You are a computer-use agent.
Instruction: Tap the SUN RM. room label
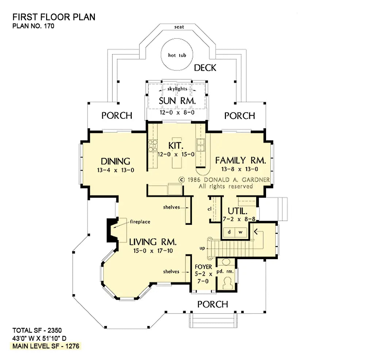(177, 101)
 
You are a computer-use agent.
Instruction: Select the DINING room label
(115, 161)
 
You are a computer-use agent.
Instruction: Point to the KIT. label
(176, 145)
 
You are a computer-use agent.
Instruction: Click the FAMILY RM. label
(241, 160)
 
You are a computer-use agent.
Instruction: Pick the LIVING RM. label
(153, 242)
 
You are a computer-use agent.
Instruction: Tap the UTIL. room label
(238, 211)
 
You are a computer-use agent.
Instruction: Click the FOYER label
(203, 267)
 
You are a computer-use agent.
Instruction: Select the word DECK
(205, 68)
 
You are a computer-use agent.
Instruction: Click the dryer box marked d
(229, 232)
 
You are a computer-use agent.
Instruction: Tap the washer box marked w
(241, 232)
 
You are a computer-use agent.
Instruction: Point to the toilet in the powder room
(227, 283)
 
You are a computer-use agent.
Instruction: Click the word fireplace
(140, 222)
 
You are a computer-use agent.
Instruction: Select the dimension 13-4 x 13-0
(115, 170)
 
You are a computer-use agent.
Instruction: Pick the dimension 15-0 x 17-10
(153, 251)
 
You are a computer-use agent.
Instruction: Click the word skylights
(177, 89)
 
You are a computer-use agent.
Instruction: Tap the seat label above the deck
(179, 27)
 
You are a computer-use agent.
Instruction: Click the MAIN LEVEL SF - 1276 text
(46, 346)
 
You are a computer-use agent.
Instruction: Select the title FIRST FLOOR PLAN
(54, 17)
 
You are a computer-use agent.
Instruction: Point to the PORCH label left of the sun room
(117, 115)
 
